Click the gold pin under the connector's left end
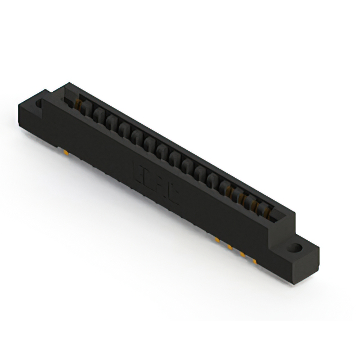pos(66,152)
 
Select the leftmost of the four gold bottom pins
pos(217,240)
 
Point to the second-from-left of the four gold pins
pos(230,247)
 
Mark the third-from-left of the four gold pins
pos(243,254)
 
